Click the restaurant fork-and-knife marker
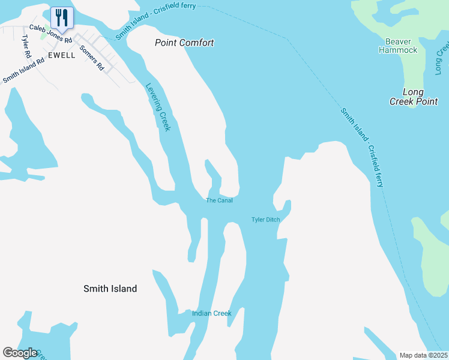(62, 17)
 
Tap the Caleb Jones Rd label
(50, 35)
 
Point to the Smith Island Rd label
(23, 70)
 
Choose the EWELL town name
(62, 55)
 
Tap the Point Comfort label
(184, 43)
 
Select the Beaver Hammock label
(398, 46)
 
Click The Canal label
(219, 200)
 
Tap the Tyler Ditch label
(265, 220)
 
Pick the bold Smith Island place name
(110, 289)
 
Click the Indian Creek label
(211, 313)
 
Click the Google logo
(20, 353)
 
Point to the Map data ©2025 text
(423, 355)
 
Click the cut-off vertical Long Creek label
(442, 59)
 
